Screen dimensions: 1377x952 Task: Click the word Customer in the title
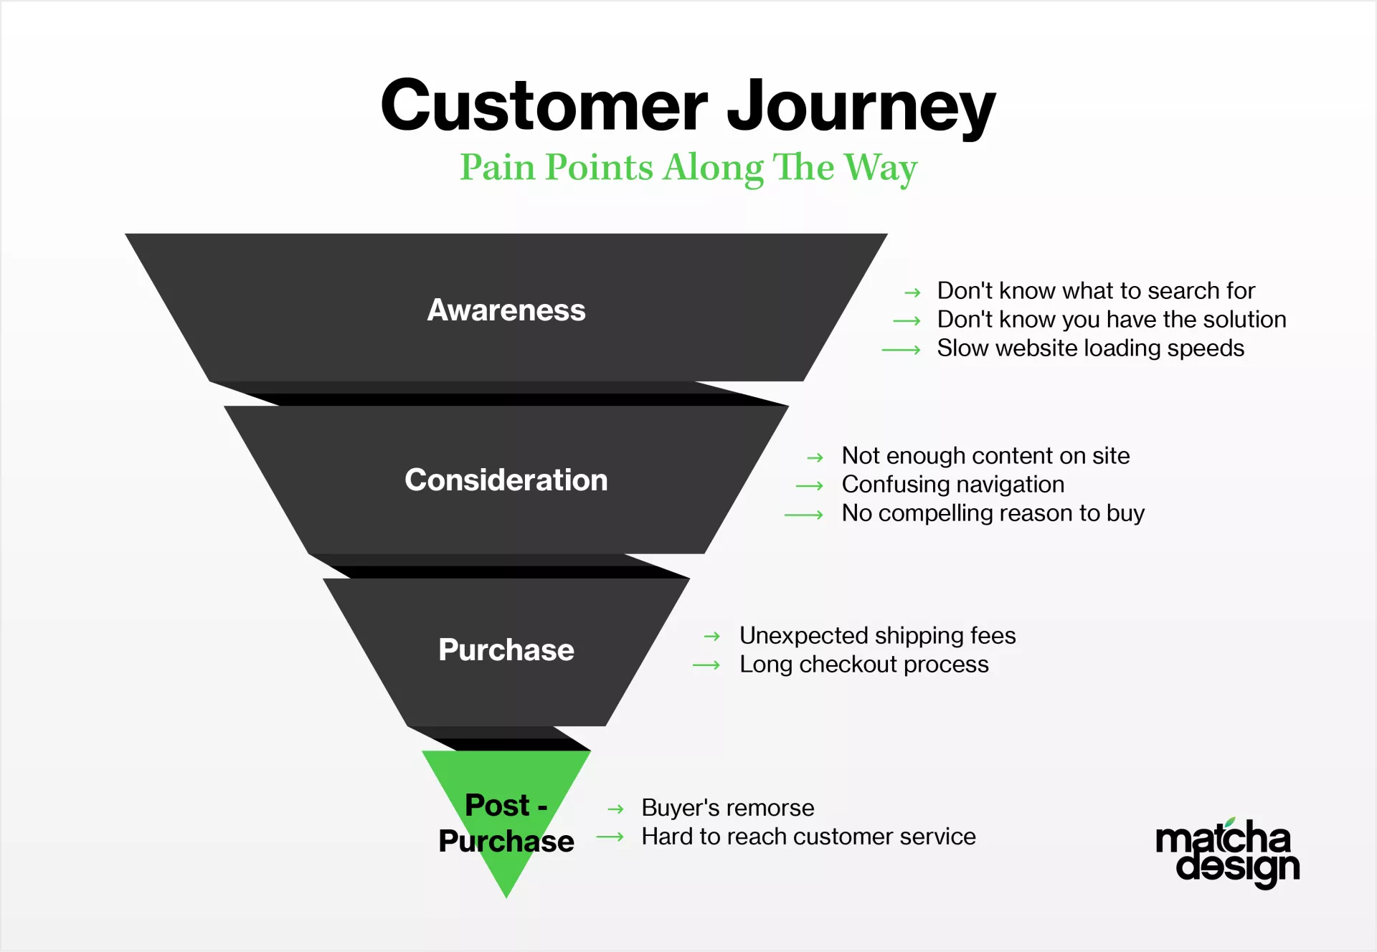[544, 105]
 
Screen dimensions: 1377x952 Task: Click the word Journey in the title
[861, 108]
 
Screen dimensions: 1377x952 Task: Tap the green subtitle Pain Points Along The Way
[688, 168]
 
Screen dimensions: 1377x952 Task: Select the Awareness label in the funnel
[506, 310]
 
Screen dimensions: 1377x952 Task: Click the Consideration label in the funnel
[506, 480]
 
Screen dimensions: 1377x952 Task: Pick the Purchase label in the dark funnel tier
[506, 649]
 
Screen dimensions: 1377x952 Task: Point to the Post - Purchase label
[506, 823]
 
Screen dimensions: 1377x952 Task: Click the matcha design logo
[1228, 853]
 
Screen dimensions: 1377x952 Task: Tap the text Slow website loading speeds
[1090, 348]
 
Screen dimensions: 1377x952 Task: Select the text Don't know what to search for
[1096, 290]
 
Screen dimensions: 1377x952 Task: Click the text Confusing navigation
[952, 485]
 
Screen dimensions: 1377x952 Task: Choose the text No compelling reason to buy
[993, 513]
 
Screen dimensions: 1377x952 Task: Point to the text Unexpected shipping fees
[877, 636]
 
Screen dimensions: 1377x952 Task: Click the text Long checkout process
[863, 665]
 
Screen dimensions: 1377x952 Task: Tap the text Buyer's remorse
[727, 808]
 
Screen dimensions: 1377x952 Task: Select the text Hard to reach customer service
[808, 837]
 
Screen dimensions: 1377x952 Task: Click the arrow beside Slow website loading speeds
[902, 350]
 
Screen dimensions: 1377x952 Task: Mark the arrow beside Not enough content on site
[815, 457]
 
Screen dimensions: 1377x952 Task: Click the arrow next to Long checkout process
[706, 666]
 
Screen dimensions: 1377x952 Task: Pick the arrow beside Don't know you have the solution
[907, 321]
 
